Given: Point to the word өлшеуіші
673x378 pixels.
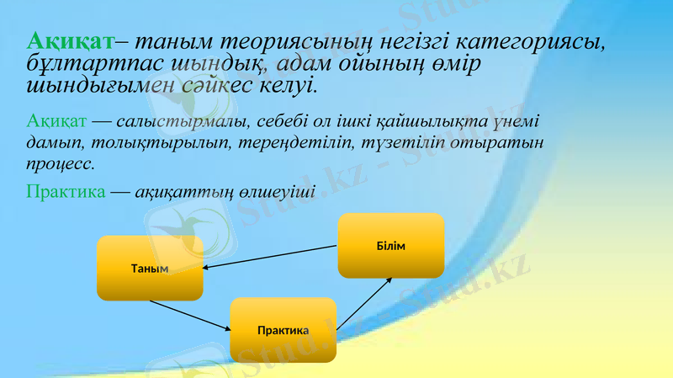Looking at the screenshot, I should [x=278, y=191].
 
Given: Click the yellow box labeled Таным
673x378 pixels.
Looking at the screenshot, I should [x=150, y=269].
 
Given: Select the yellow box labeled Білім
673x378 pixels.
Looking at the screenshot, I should [x=390, y=245].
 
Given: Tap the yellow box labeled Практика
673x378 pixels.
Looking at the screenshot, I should [x=283, y=330].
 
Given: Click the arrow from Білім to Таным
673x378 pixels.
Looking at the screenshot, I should [x=269, y=258].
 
